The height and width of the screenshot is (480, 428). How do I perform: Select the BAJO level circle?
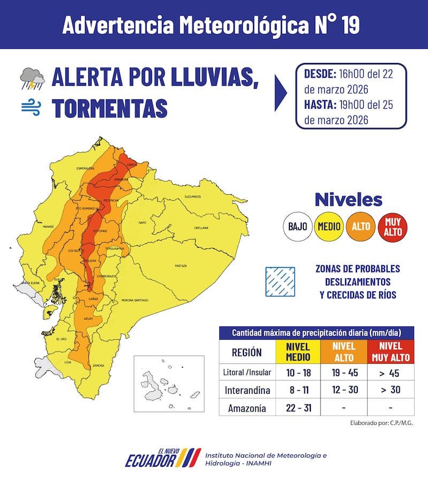point(297,226)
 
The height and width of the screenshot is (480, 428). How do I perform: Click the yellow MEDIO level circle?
point(329,226)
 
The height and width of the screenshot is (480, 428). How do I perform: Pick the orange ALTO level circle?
point(361,226)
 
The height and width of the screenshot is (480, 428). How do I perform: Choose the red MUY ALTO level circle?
point(392,226)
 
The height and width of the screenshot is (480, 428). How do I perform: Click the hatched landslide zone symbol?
point(280,281)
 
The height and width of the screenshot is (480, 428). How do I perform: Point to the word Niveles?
point(348,200)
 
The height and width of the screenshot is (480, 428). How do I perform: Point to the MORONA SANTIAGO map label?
point(134,301)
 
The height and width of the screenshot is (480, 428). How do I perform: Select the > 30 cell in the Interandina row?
point(390,390)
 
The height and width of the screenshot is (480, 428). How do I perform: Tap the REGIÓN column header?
point(247,353)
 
